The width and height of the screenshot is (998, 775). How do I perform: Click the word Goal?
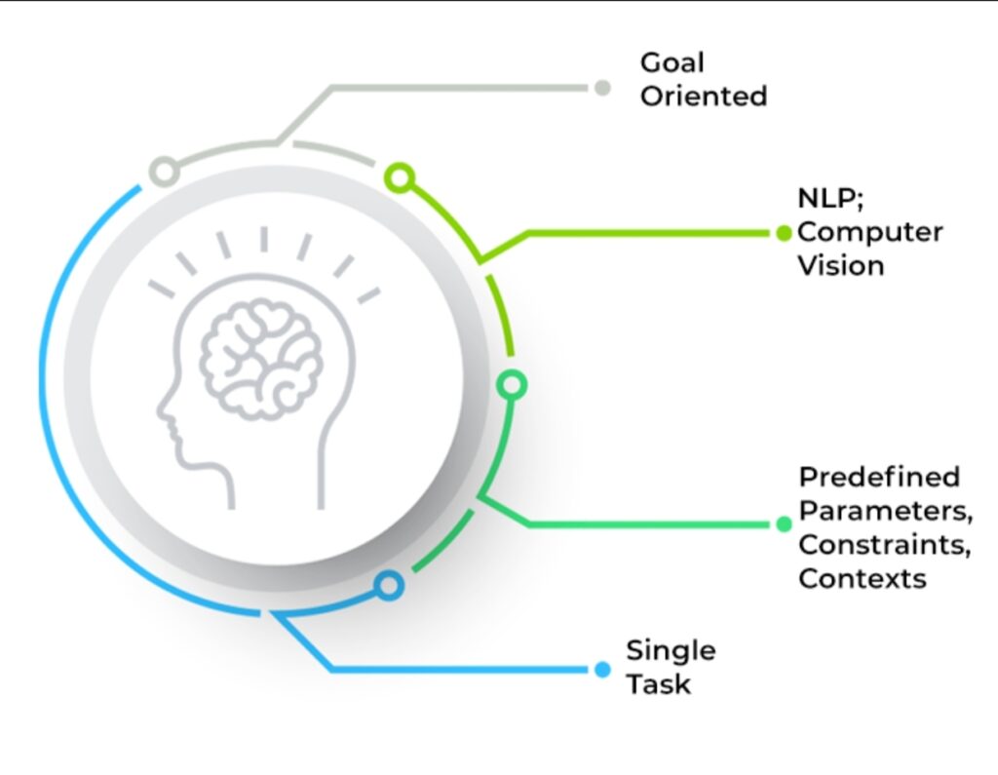(672, 63)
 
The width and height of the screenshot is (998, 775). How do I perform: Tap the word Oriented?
(703, 97)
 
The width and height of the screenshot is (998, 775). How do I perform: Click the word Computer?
(869, 234)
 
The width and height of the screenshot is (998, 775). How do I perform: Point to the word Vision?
(840, 266)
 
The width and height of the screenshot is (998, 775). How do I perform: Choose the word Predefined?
(879, 478)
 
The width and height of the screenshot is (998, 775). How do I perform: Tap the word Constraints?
(883, 544)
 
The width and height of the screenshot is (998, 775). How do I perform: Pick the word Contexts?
(862, 578)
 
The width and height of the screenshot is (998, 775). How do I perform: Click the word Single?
(671, 650)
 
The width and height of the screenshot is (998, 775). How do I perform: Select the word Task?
(659, 683)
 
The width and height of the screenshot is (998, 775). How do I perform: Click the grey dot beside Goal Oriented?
(602, 88)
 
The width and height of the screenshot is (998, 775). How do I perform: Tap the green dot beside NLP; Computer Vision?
(784, 233)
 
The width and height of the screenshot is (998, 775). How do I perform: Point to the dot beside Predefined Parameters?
(784, 524)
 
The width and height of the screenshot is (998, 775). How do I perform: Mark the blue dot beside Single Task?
(601, 670)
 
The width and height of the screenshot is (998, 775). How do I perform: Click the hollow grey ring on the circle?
(165, 173)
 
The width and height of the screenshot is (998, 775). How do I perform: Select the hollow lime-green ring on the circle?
(400, 177)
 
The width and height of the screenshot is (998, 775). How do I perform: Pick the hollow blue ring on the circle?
(389, 586)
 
